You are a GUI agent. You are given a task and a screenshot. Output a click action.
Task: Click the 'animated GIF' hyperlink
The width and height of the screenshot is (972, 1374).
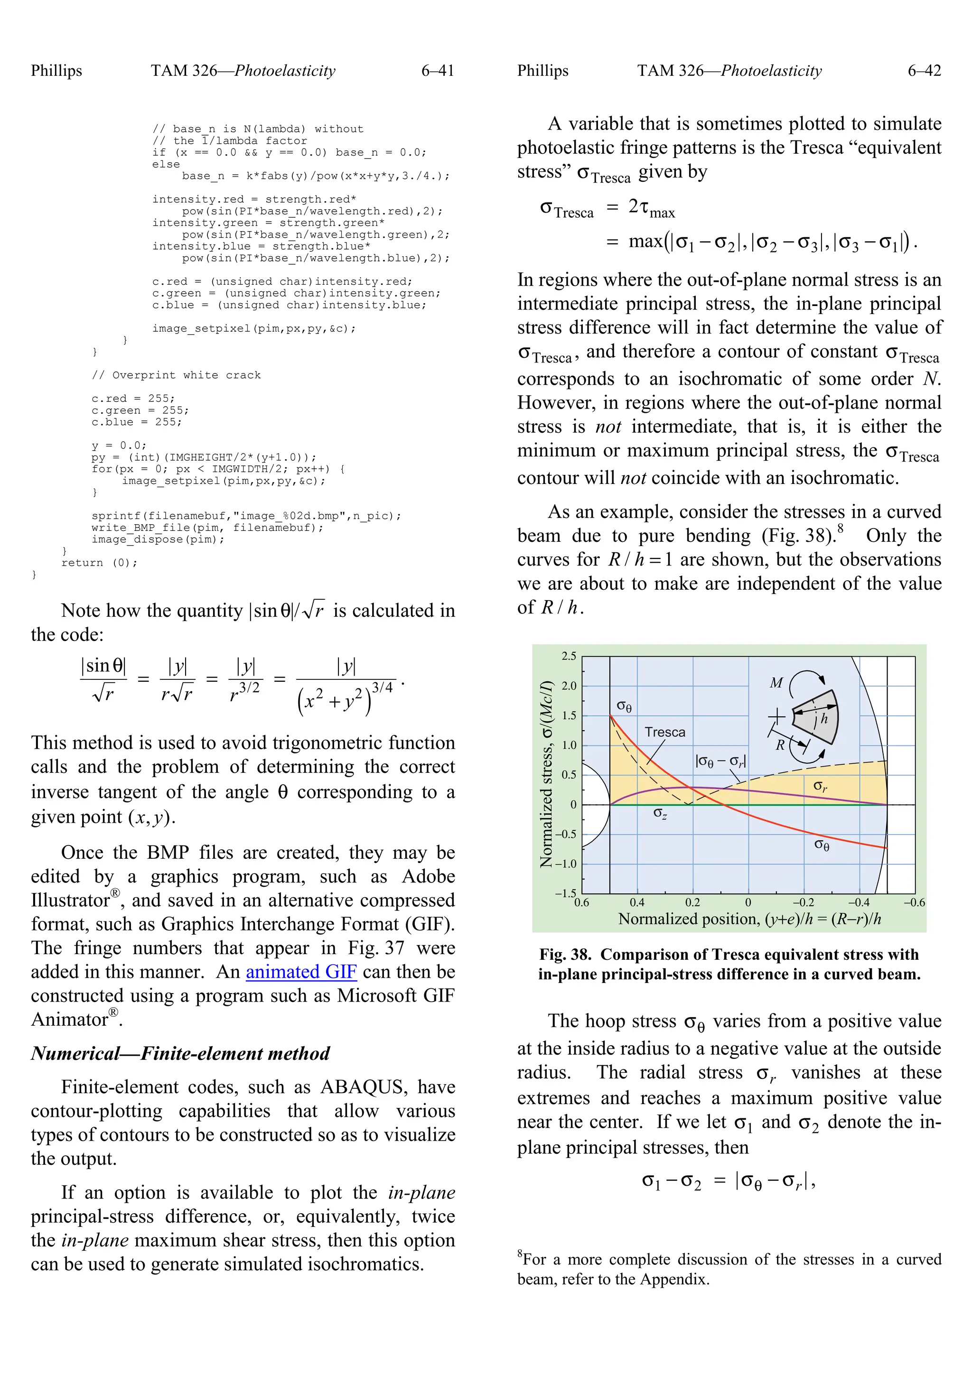point(301,972)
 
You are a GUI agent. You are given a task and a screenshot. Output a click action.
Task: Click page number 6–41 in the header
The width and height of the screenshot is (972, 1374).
point(438,71)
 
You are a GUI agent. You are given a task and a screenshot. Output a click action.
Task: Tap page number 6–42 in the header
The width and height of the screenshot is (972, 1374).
point(924,71)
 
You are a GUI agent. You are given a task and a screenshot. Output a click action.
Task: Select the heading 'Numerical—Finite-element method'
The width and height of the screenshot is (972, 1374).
point(180,1053)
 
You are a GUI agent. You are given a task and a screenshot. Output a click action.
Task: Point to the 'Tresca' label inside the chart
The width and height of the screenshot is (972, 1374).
point(664,733)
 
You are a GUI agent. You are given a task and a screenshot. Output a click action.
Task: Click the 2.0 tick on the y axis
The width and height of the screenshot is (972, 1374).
point(569,686)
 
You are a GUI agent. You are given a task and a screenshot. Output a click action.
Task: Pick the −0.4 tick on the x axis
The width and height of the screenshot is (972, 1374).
point(858,902)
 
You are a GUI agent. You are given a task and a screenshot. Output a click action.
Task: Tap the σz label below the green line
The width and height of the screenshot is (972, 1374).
point(660,813)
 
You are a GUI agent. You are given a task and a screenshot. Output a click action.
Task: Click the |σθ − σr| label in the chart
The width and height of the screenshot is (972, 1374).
point(720,762)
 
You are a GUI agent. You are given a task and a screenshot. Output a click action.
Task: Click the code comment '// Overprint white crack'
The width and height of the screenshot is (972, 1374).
point(176,375)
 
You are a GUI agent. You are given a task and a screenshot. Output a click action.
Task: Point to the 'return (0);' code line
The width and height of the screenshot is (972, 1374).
point(99,563)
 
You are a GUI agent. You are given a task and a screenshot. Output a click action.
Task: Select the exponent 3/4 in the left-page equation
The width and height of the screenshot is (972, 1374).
point(382,687)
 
